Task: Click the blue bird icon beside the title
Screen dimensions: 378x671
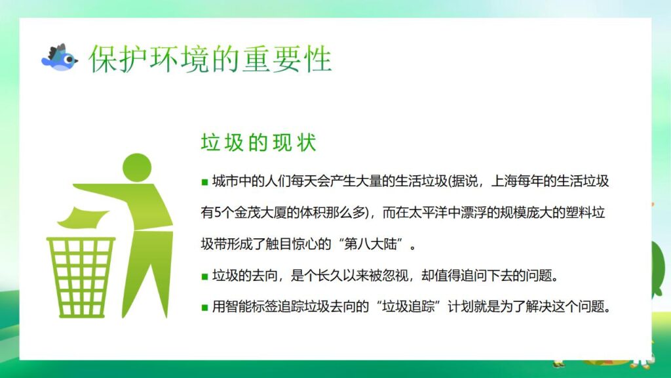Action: point(59,58)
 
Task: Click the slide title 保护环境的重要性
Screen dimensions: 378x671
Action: point(210,59)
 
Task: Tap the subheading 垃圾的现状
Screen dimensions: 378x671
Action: point(258,142)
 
